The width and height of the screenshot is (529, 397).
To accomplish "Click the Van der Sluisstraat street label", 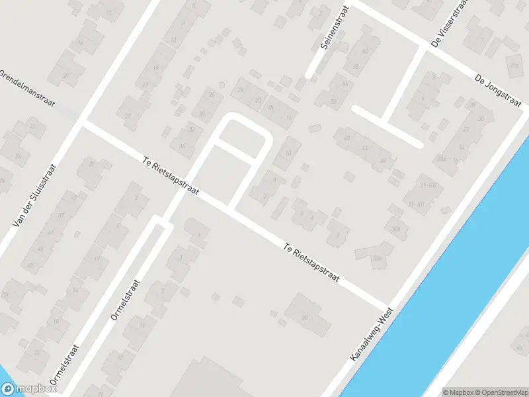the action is pyautogui.click(x=33, y=196).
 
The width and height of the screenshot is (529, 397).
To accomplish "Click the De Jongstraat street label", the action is pyautogui.click(x=497, y=90).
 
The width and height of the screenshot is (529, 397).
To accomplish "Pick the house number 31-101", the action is pyautogui.click(x=416, y=204).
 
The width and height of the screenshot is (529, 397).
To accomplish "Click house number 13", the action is pyautogui.click(x=173, y=40).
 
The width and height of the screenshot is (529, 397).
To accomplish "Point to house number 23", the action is pyautogui.click(x=145, y=85).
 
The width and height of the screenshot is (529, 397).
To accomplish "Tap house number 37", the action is pyautogui.click(x=61, y=216).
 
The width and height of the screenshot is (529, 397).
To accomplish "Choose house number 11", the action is pyautogui.click(x=143, y=326).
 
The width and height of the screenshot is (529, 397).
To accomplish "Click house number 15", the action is pyautogui.click(x=121, y=357).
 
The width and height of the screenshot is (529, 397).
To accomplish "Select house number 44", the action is pyautogui.click(x=364, y=149).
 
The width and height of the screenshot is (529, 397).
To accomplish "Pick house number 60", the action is pyautogui.click(x=365, y=52).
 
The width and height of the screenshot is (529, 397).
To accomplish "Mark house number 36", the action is pyautogui.click(x=182, y=146).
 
